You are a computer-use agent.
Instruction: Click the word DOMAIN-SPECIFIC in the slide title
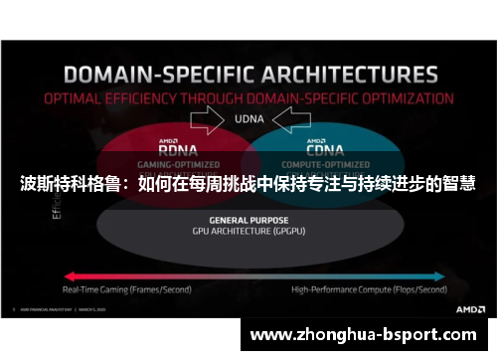(142, 74)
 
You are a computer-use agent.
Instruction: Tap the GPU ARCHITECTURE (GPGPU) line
(249, 230)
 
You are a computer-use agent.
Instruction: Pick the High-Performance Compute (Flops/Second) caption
(369, 289)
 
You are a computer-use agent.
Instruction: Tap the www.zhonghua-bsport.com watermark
(369, 335)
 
